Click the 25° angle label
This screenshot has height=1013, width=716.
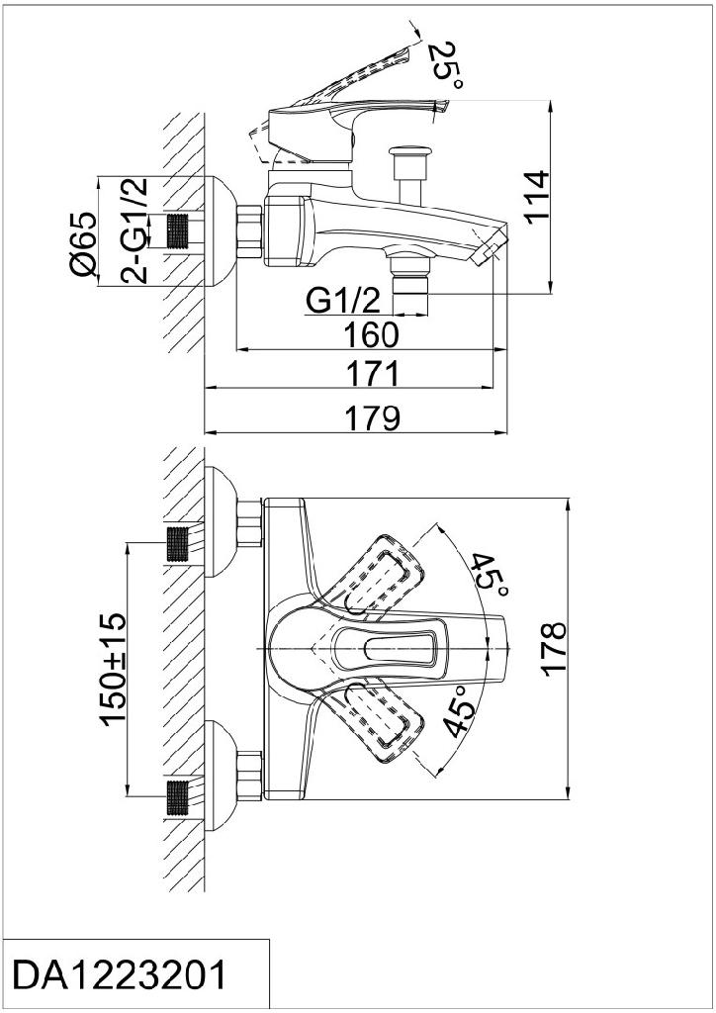click(x=445, y=64)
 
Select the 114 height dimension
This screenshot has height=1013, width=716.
click(x=535, y=197)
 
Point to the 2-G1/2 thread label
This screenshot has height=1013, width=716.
click(x=134, y=230)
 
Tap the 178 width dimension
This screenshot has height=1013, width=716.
click(x=554, y=649)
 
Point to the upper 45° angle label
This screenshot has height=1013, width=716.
click(x=489, y=576)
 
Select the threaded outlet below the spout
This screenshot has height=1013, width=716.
click(x=409, y=291)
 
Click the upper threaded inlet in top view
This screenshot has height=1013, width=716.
click(x=177, y=545)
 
